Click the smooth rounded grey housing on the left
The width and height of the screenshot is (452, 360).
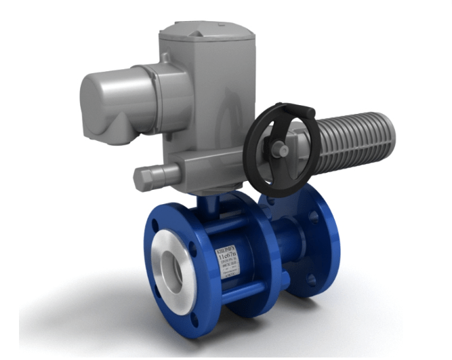(108, 106)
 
